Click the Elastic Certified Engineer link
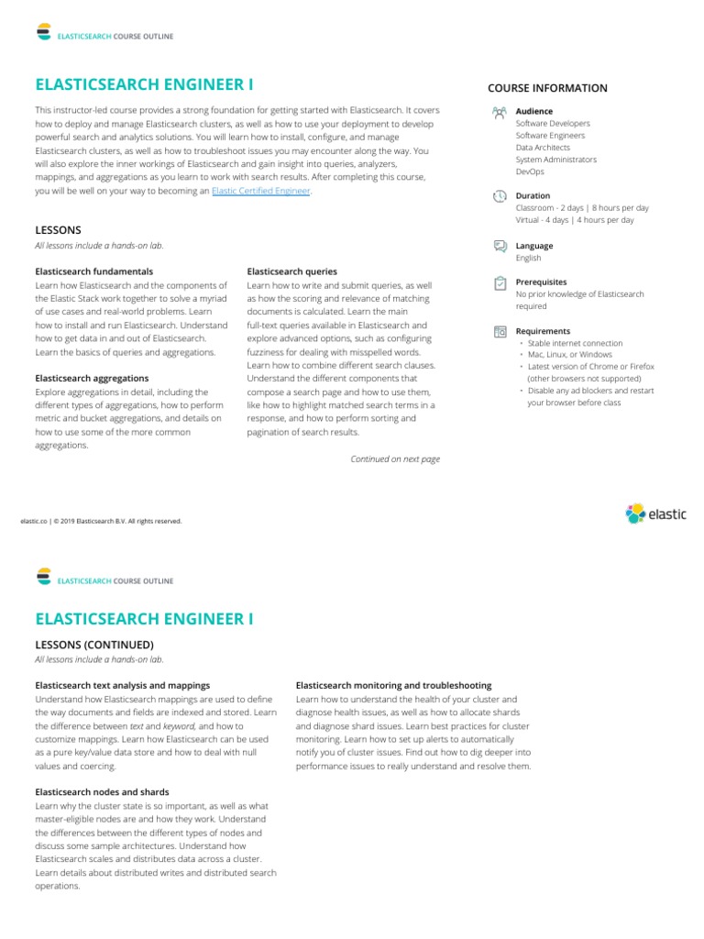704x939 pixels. (261, 192)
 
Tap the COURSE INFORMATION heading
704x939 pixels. (547, 88)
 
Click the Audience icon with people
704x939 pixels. (500, 112)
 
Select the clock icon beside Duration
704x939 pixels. (500, 196)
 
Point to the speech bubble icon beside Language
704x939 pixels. (500, 246)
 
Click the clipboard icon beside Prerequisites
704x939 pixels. (500, 283)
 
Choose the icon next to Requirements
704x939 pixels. (500, 331)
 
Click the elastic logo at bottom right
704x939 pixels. (655, 514)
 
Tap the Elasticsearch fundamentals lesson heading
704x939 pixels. (94, 271)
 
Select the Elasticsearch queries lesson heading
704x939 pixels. (292, 271)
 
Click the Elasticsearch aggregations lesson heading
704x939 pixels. (92, 378)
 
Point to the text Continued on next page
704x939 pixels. (395, 459)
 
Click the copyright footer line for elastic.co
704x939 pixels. (101, 522)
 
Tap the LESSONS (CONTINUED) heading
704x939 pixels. (94, 645)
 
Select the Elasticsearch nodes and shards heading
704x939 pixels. (102, 791)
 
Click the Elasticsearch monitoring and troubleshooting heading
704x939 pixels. (393, 685)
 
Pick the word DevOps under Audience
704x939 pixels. (530, 171)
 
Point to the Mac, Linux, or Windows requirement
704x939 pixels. (569, 355)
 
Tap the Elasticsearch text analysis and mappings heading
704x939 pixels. (123, 685)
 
